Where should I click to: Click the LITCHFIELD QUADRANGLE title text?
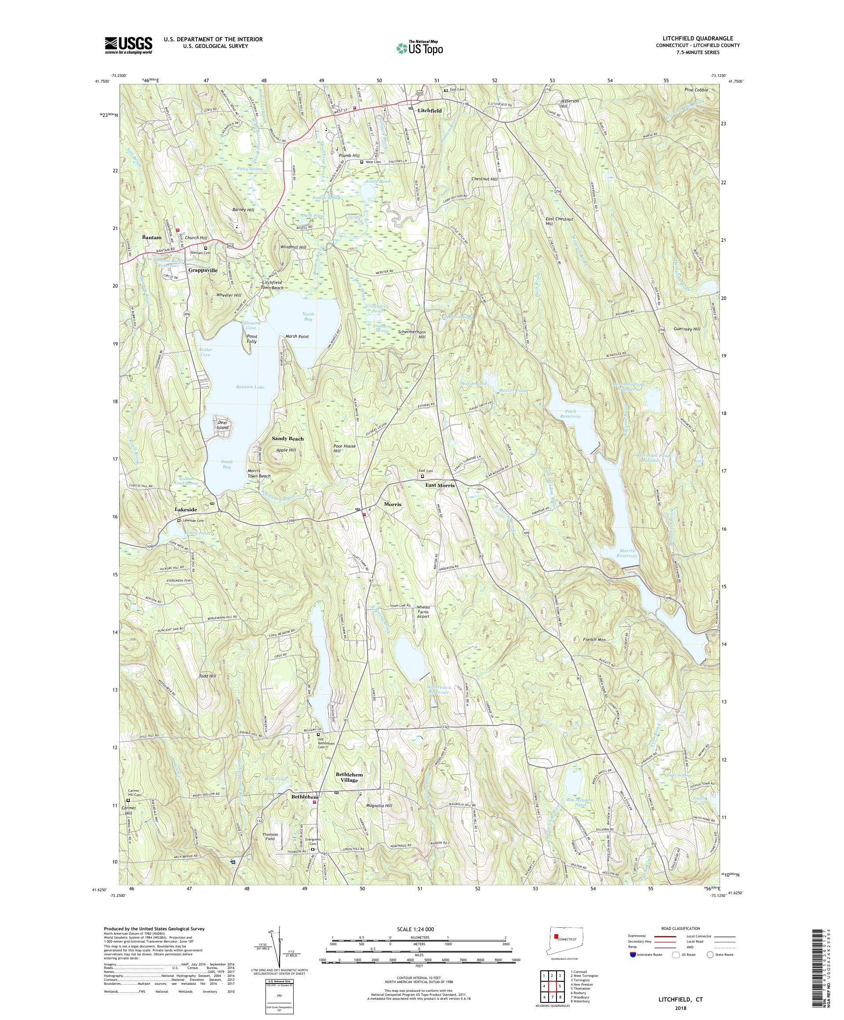point(699,38)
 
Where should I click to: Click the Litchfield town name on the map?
point(429,111)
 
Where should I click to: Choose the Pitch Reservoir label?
point(570,414)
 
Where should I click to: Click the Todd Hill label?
point(207,676)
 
